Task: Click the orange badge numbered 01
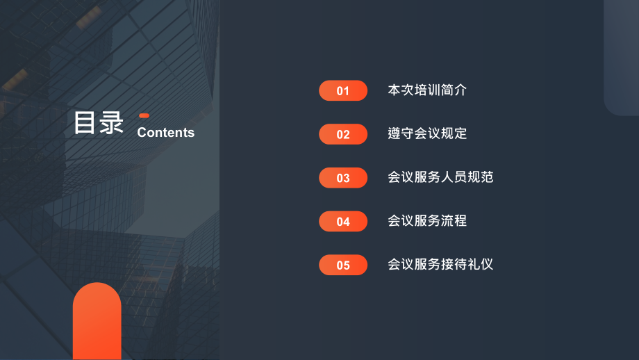[x=343, y=91]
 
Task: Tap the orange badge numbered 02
[x=343, y=134]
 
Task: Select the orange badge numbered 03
[x=343, y=178]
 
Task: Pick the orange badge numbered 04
[x=343, y=222]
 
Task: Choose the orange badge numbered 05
[x=343, y=265]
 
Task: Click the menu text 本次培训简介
[x=427, y=90]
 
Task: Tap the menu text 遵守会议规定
[x=427, y=133]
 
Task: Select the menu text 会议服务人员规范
[x=440, y=177]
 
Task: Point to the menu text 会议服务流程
[x=427, y=221]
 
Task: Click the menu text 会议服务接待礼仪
[x=440, y=264]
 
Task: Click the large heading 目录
[x=99, y=123]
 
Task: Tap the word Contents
[x=166, y=133]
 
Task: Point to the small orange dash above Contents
[x=144, y=115]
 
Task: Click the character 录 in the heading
[x=112, y=123]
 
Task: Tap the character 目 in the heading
[x=85, y=123]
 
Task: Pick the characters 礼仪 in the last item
[x=480, y=264]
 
